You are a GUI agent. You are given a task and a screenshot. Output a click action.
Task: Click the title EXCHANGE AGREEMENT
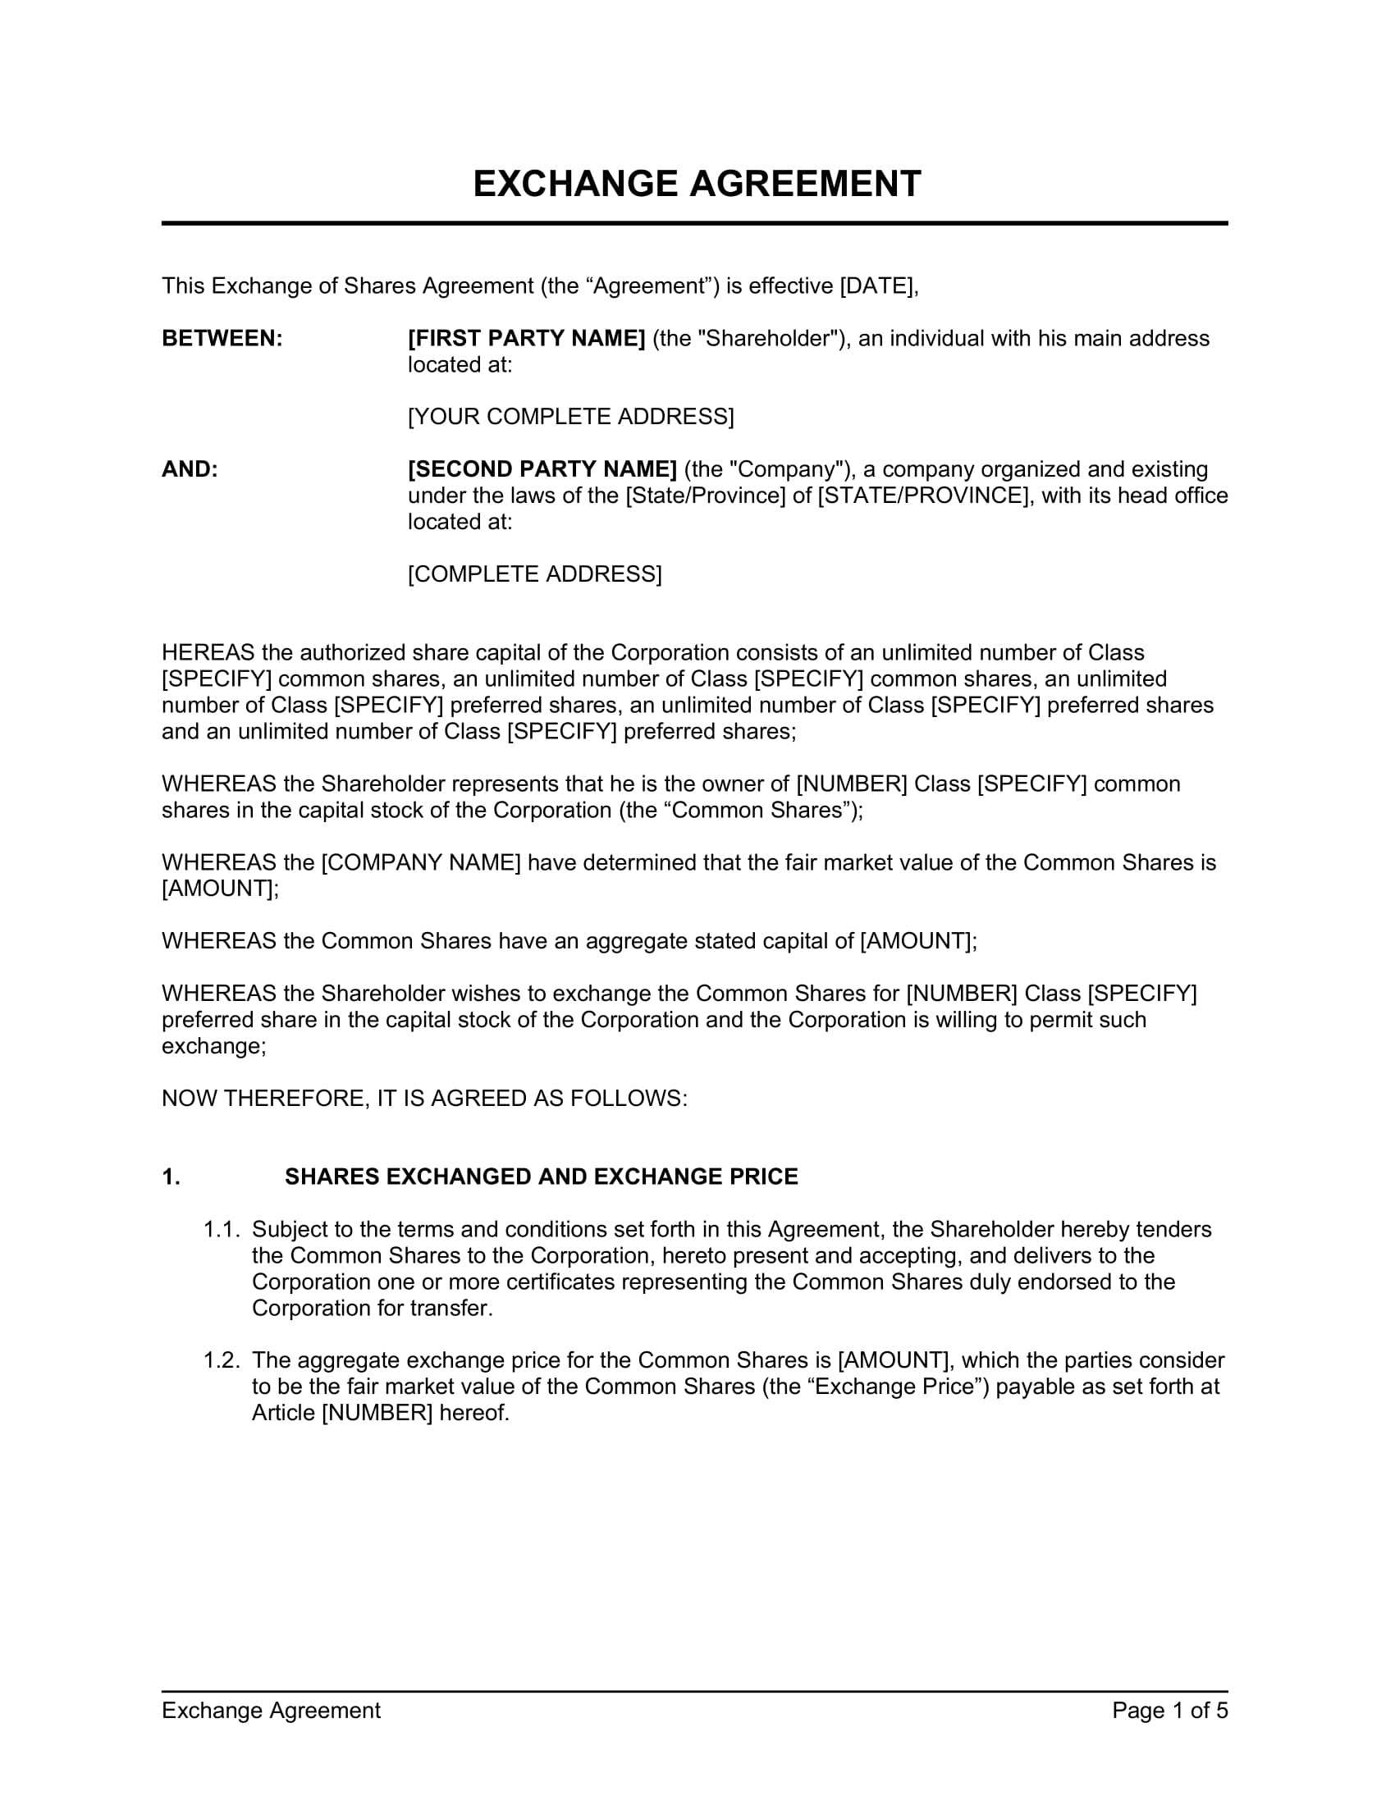pyautogui.click(x=696, y=184)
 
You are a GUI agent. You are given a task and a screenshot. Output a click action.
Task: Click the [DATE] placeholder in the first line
pyautogui.click(x=876, y=286)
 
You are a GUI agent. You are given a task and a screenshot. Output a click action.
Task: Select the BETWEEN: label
pyautogui.click(x=222, y=339)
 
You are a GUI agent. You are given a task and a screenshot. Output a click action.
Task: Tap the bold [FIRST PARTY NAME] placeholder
pyautogui.click(x=527, y=339)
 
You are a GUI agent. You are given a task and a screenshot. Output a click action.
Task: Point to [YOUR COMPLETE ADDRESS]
pyautogui.click(x=570, y=417)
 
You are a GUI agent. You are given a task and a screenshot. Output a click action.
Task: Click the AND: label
pyautogui.click(x=190, y=469)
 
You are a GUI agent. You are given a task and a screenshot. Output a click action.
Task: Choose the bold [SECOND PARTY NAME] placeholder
pyautogui.click(x=543, y=469)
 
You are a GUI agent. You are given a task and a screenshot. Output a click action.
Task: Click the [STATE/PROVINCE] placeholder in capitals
pyautogui.click(x=922, y=496)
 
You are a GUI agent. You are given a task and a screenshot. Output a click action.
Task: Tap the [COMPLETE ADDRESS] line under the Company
pyautogui.click(x=535, y=574)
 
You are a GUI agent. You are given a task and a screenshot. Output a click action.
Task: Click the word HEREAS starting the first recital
pyautogui.click(x=208, y=653)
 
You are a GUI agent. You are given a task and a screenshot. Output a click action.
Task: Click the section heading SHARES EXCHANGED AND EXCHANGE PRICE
pyautogui.click(x=542, y=1177)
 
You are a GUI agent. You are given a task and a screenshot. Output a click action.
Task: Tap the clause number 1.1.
pyautogui.click(x=222, y=1230)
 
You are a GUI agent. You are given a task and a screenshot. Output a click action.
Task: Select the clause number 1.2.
pyautogui.click(x=222, y=1360)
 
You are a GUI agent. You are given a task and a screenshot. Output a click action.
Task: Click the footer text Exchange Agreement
pyautogui.click(x=271, y=1711)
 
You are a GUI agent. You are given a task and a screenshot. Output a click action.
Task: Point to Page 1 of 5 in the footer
pyautogui.click(x=1169, y=1711)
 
